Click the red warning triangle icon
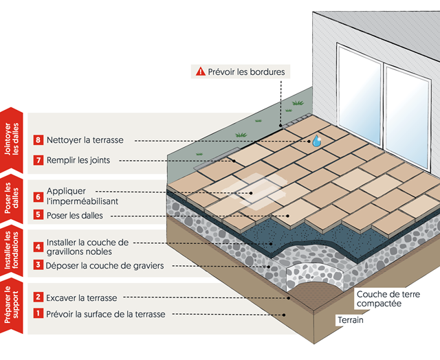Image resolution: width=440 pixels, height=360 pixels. point(200,71)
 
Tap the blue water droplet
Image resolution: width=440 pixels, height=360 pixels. point(316,140)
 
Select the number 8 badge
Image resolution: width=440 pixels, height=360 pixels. point(38,140)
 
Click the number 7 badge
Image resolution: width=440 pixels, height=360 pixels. point(38,160)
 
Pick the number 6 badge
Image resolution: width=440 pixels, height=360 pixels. point(38,196)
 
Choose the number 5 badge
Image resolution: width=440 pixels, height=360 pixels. point(38,214)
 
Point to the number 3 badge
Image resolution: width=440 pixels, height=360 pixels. point(38,265)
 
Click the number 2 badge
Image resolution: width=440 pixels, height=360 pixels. point(38,297)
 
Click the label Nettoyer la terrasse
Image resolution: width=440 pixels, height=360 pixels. point(85,140)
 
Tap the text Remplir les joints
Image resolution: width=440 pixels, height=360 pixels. point(83,160)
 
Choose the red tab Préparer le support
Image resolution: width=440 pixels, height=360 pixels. point(12,307)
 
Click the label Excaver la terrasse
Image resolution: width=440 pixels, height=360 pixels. point(82,297)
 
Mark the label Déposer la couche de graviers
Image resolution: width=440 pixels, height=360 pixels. point(105,265)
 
